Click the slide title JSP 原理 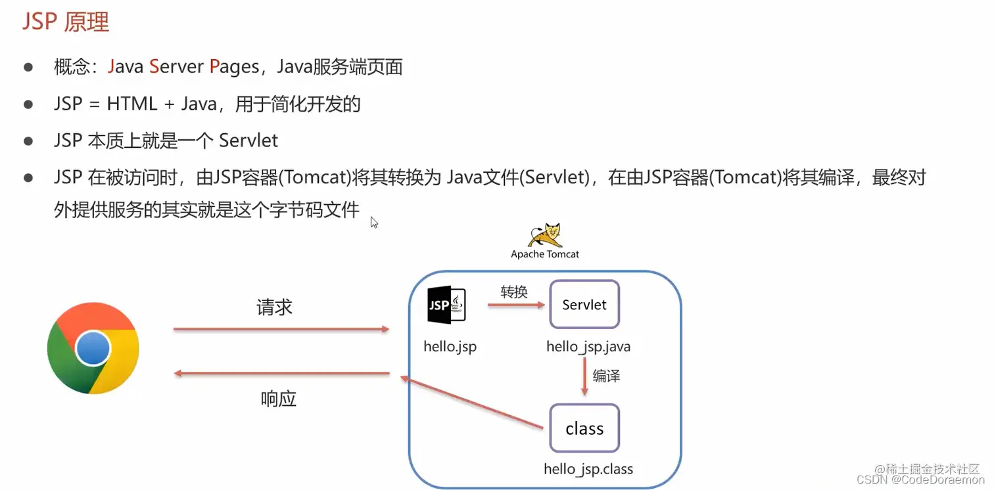tap(66, 22)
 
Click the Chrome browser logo tap(93, 347)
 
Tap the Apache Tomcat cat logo tap(545, 235)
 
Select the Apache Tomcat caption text tap(545, 254)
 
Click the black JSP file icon tap(446, 305)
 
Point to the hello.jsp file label tap(450, 346)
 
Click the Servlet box tap(584, 305)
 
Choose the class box tap(584, 428)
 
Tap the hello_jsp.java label tap(588, 346)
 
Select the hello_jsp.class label tap(588, 469)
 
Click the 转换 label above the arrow tap(514, 292)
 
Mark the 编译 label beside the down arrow tap(606, 376)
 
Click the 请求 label tap(274, 307)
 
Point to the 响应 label tap(279, 399)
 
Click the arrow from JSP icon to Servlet tap(517, 305)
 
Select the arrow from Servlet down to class tap(584, 377)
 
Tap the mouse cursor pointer tap(374, 223)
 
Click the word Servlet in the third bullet tap(248, 141)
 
